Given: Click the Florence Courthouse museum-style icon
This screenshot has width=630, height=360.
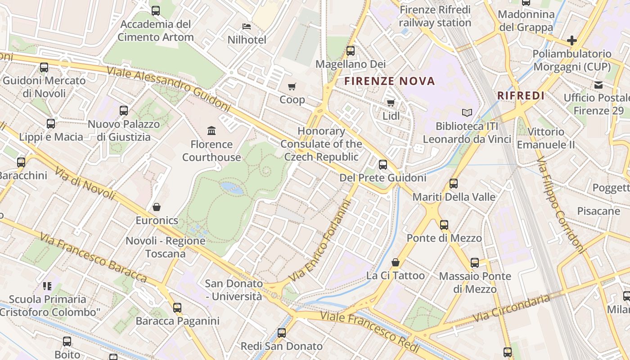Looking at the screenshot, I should pyautogui.click(x=211, y=131).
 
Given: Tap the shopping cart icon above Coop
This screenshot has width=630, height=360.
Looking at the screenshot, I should pyautogui.click(x=292, y=86).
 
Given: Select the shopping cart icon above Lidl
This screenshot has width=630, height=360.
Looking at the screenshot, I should pyautogui.click(x=391, y=103).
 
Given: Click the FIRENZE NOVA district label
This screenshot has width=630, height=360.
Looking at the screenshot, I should pyautogui.click(x=390, y=81).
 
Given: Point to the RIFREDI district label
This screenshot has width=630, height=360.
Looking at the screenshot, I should pyautogui.click(x=521, y=96).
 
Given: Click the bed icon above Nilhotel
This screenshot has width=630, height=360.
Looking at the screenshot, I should pyautogui.click(x=247, y=27).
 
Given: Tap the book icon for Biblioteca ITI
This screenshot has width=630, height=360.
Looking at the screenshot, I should pyautogui.click(x=467, y=113).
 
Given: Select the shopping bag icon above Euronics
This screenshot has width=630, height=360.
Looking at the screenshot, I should pyautogui.click(x=157, y=207).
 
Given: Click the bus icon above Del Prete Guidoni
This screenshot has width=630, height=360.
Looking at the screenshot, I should pyautogui.click(x=383, y=165).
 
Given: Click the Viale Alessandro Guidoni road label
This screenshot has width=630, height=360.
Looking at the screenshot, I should pyautogui.click(x=168, y=89).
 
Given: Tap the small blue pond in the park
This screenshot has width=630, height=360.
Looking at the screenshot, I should pyautogui.click(x=231, y=188).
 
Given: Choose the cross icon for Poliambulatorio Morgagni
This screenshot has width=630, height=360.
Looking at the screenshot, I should pyautogui.click(x=572, y=40).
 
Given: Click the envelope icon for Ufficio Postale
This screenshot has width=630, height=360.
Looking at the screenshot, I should pyautogui.click(x=598, y=85).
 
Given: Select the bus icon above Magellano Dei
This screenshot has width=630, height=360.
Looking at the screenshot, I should pyautogui.click(x=351, y=51).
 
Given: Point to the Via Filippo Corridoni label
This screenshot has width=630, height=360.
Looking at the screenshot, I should pyautogui.click(x=561, y=204).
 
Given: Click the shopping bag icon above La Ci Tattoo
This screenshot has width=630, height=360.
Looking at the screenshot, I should pyautogui.click(x=396, y=262).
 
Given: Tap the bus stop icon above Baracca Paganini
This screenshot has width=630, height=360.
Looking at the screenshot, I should pyautogui.click(x=177, y=308).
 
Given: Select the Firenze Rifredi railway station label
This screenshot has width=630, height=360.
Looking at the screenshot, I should pyautogui.click(x=435, y=16).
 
